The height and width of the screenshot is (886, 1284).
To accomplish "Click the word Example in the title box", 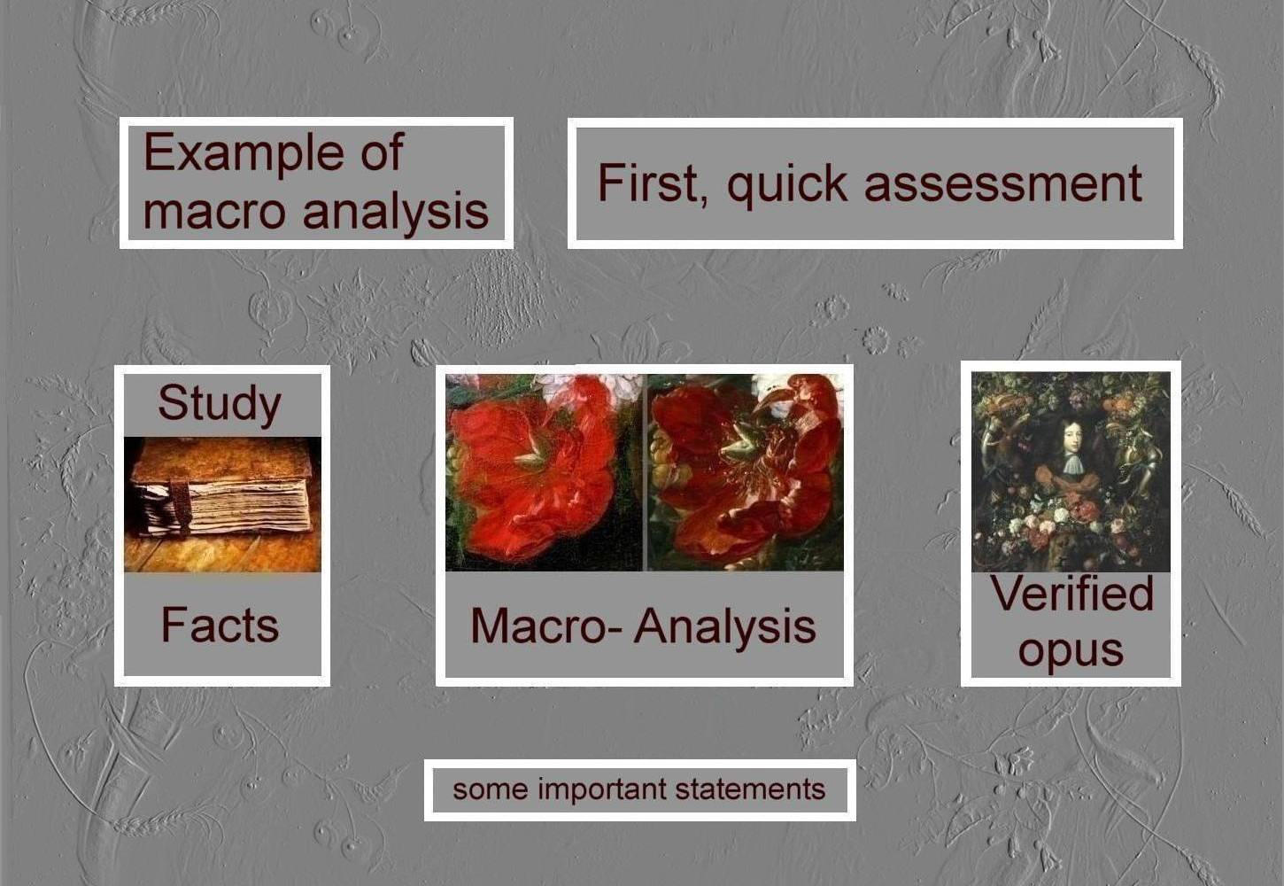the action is pos(244,152).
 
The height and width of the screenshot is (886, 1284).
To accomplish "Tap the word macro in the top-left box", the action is pos(214,212).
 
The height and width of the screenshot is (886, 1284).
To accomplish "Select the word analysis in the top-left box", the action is pos(396,212).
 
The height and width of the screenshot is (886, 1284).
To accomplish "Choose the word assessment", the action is pos(1003,183).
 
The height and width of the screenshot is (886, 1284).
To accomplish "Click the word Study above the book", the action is pos(220,404).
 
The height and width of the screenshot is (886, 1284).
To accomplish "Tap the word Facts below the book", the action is pos(220,625).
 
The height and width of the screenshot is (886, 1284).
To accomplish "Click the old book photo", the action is pos(222,504).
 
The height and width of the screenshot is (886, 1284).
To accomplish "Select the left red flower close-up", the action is pos(544,472).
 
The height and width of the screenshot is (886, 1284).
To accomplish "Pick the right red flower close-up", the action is pos(746,472).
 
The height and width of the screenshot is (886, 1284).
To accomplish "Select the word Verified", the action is pos(1071,593).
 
